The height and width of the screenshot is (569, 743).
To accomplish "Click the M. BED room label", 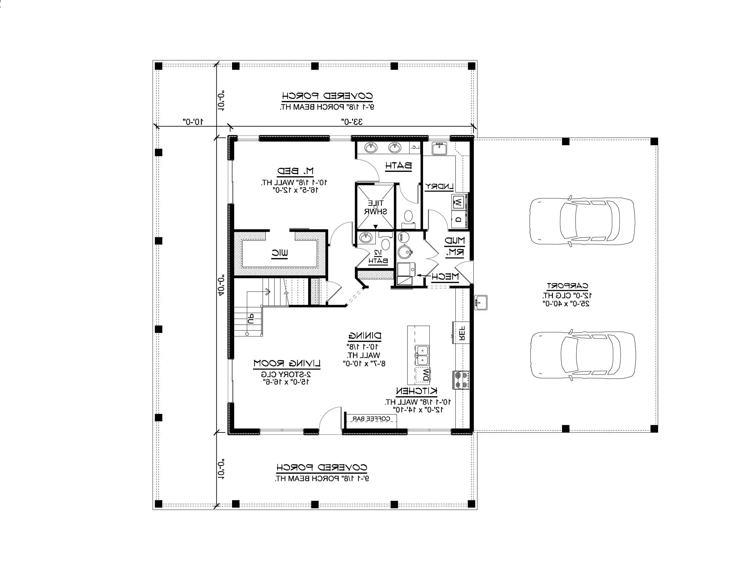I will (295, 171).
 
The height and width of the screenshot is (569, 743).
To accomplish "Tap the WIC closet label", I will (280, 253).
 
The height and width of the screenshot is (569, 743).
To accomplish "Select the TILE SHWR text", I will (376, 207).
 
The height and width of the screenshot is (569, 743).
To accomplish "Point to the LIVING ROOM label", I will (287, 364).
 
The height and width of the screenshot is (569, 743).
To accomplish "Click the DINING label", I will (364, 336).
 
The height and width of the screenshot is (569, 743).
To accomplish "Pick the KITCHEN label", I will (417, 391).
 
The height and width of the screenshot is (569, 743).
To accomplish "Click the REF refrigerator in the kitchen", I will (461, 333).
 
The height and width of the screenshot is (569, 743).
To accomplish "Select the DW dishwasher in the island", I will (426, 374).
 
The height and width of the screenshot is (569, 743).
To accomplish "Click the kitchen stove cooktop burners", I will (461, 380).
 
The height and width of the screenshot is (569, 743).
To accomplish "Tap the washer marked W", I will (458, 203).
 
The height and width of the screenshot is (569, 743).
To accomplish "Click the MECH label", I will (445, 277).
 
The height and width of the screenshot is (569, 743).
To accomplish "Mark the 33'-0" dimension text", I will (352, 121).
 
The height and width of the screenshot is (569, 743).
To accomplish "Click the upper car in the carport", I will (582, 221).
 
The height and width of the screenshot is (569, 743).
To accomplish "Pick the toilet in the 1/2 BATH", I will (385, 244).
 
